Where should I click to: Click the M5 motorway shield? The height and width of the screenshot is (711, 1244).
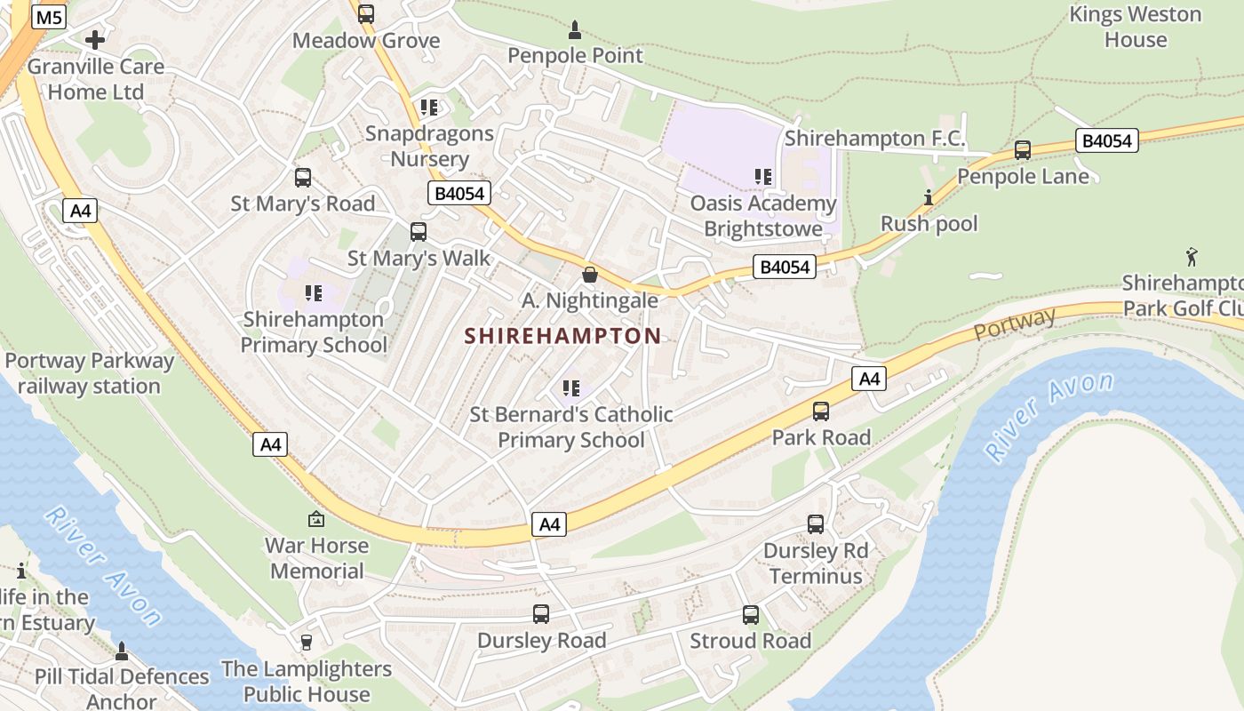click(49, 17)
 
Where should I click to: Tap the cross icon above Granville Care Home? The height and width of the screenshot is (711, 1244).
click(95, 40)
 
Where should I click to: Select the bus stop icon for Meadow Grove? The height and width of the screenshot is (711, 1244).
click(365, 14)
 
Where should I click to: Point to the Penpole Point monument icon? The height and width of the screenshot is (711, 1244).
click(574, 30)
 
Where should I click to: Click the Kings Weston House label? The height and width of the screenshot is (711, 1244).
click(1135, 27)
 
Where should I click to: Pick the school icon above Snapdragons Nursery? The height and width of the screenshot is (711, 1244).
click(429, 108)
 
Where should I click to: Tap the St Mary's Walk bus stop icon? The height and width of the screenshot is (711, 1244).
click(418, 232)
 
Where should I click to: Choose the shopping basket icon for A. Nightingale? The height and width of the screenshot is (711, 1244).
click(589, 275)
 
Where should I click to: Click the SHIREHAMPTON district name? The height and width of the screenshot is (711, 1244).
click(563, 336)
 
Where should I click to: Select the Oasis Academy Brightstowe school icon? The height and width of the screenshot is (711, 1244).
click(762, 177)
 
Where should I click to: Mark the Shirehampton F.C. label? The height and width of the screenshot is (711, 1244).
click(874, 139)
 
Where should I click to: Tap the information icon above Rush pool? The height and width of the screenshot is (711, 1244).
click(929, 197)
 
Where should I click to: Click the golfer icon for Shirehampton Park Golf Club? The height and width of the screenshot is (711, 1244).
click(1192, 258)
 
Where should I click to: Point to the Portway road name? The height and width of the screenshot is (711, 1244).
click(1015, 324)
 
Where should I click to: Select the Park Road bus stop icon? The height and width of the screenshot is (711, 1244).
click(820, 411)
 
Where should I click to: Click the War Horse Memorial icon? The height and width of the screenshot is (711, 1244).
click(316, 519)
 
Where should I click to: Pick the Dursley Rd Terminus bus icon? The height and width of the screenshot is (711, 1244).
click(815, 524)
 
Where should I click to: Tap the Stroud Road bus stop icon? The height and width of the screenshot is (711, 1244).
click(750, 615)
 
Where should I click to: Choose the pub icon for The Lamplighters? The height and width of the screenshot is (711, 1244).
click(307, 642)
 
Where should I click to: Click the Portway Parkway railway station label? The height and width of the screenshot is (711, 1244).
click(89, 373)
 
